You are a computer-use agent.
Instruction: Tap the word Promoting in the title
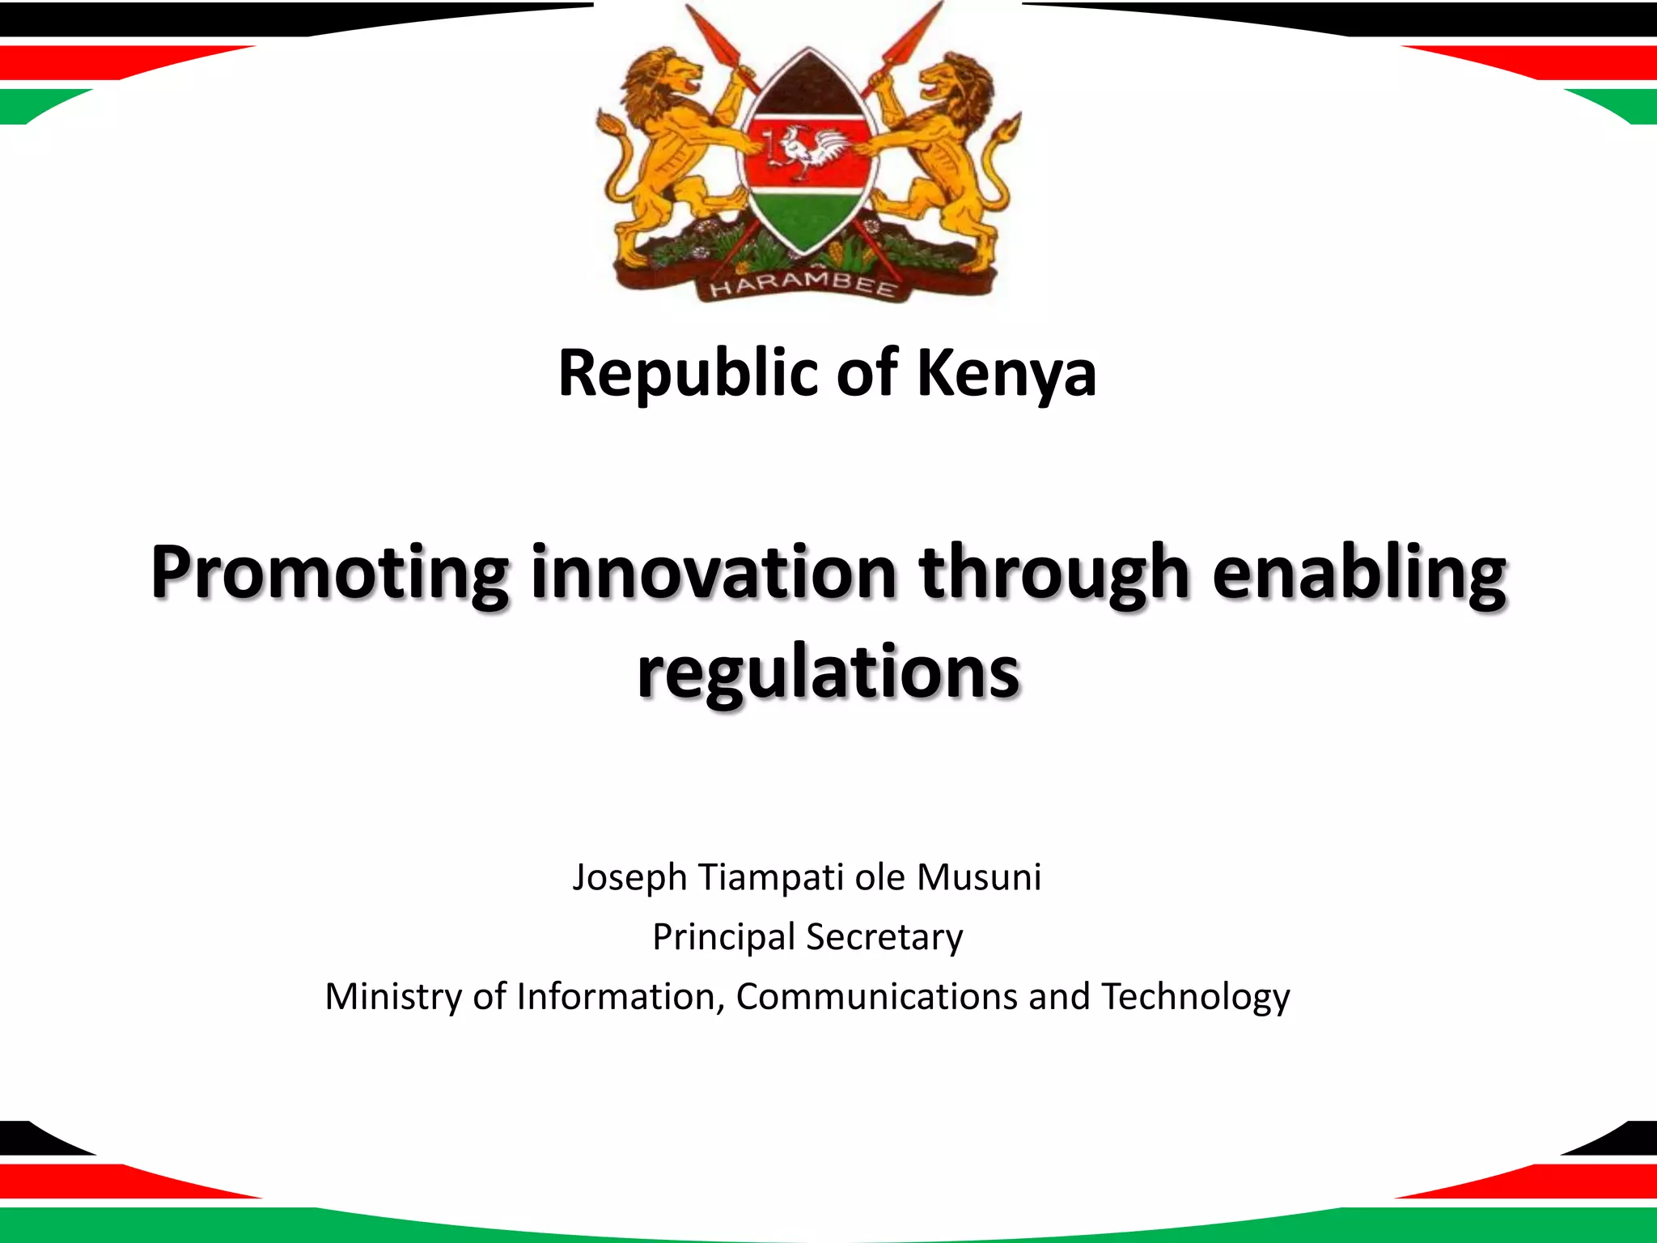click(x=329, y=572)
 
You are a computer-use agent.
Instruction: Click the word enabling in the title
click(x=1358, y=572)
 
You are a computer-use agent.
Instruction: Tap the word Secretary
click(x=884, y=937)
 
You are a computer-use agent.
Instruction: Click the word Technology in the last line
click(x=1195, y=997)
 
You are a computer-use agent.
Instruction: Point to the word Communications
click(x=876, y=996)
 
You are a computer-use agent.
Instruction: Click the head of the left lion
click(x=668, y=77)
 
